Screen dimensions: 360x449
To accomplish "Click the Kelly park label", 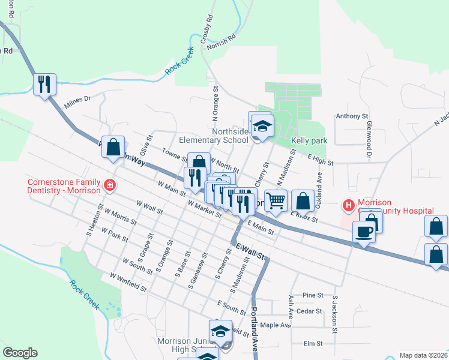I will coord(309,140).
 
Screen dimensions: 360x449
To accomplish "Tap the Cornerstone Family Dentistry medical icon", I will coord(109,184).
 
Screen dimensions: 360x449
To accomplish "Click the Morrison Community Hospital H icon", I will coord(348,206).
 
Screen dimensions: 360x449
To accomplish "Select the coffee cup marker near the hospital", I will coord(364,231).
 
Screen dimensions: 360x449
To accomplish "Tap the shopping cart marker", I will coord(276,201).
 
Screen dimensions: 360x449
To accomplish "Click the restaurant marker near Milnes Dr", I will coord(44,85).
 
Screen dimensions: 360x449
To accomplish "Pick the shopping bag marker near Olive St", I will coord(113,147).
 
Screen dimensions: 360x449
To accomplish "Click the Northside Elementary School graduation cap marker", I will coord(262,126).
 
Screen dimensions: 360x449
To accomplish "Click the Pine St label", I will coord(313,295).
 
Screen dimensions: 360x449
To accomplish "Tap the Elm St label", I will coord(313,344).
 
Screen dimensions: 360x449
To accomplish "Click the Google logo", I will coord(20,353).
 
